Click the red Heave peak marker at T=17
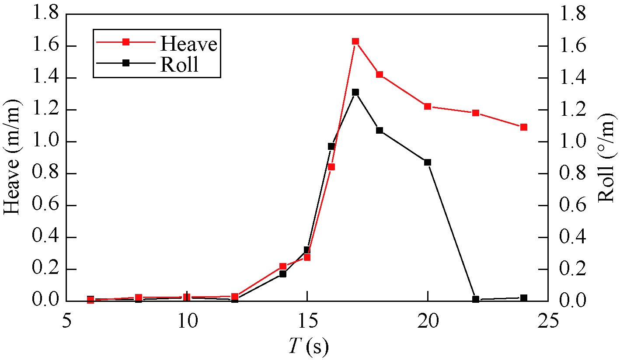coord(355,42)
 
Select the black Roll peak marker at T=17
coord(355,92)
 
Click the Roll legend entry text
coord(180,64)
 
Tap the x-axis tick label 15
coord(307,322)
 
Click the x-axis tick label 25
coord(548,322)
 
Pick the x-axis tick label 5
coord(67,322)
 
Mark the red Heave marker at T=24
coord(524,127)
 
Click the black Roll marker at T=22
coord(476,299)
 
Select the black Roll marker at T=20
coord(428,162)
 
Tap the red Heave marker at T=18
coord(380,75)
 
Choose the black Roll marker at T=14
coord(283,274)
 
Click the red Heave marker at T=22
coord(476,113)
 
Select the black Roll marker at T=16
coord(331,146)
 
